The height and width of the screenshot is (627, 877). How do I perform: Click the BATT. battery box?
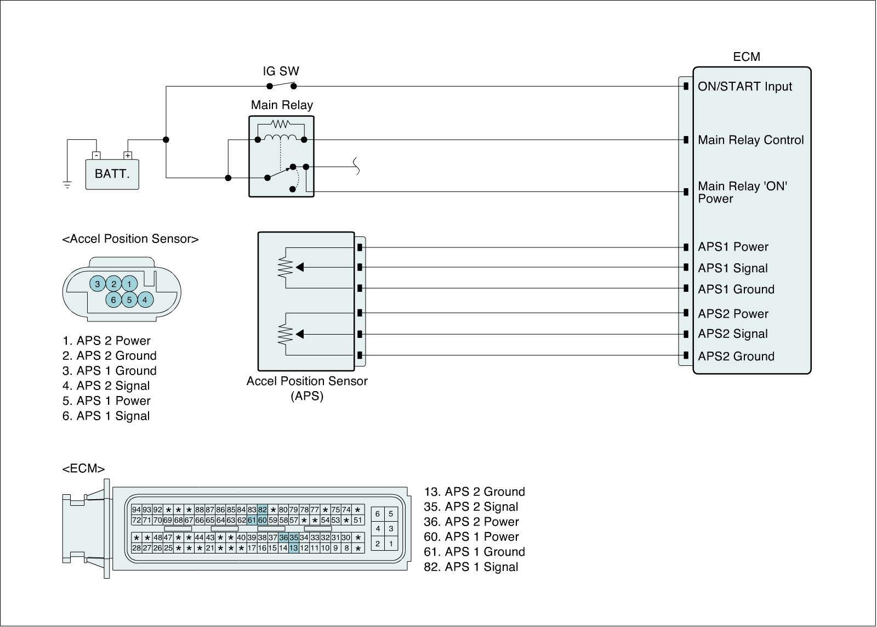coord(112,174)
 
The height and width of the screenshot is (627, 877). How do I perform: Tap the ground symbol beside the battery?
coord(67,185)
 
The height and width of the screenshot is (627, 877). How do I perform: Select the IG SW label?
coord(281,71)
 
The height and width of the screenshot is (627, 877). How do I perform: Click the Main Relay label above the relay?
coord(282,105)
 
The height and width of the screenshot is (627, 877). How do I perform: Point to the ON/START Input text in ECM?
coord(745,87)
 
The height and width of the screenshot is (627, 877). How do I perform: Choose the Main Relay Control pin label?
coord(750,140)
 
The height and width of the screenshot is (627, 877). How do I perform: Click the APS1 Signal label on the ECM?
coord(732,268)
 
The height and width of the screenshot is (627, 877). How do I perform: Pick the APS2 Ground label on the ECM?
coord(736,356)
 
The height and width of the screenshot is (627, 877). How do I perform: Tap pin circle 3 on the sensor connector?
coord(98,284)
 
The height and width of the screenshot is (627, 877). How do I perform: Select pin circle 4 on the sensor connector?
coord(145,300)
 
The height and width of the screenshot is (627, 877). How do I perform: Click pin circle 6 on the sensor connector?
coord(113,300)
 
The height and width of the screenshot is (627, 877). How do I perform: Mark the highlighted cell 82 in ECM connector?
coord(263,510)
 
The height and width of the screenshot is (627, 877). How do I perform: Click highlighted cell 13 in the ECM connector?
coord(294,548)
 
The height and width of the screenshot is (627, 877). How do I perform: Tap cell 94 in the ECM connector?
coord(136,510)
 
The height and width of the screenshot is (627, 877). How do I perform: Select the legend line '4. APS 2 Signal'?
coord(106,386)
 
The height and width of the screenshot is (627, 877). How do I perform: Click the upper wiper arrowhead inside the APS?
coord(300,267)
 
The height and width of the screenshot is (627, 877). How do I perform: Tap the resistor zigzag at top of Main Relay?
coord(281,124)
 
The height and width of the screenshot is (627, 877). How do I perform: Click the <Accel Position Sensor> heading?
coord(130,239)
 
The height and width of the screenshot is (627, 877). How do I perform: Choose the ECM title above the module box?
coord(747,57)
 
